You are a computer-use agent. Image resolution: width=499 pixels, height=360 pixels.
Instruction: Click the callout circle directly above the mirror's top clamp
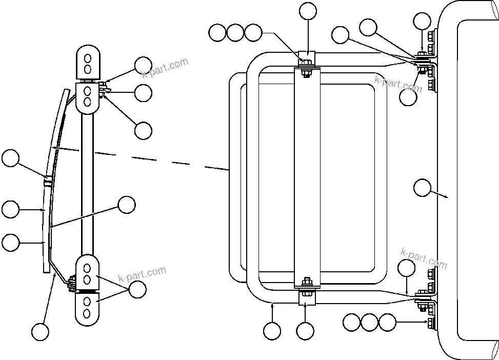[x=308, y=11]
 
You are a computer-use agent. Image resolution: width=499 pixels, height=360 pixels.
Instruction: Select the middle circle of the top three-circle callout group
[x=235, y=33]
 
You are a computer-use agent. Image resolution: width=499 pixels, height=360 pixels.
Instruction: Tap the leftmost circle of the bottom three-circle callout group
[x=351, y=323]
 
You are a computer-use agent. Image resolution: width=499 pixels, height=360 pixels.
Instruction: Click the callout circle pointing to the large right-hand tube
[x=422, y=188]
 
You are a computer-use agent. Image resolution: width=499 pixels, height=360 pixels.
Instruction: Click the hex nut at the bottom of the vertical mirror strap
[x=306, y=282]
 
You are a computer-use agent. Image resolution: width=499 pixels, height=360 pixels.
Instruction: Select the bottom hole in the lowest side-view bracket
[x=88, y=312]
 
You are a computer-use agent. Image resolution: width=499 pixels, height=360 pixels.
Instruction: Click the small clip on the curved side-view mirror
[x=47, y=180]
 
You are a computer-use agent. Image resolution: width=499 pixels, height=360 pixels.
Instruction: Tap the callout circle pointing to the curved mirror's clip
[x=10, y=158]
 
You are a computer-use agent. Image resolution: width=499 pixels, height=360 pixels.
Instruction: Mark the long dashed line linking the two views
[x=154, y=158]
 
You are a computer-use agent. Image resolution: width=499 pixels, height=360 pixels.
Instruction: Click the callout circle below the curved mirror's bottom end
[x=40, y=331]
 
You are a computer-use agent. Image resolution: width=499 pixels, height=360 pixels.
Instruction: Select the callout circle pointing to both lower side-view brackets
[x=137, y=290]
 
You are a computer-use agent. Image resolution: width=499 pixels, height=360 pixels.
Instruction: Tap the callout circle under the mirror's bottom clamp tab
[x=306, y=331]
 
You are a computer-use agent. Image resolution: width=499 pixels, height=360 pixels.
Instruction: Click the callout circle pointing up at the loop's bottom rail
[x=272, y=331]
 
